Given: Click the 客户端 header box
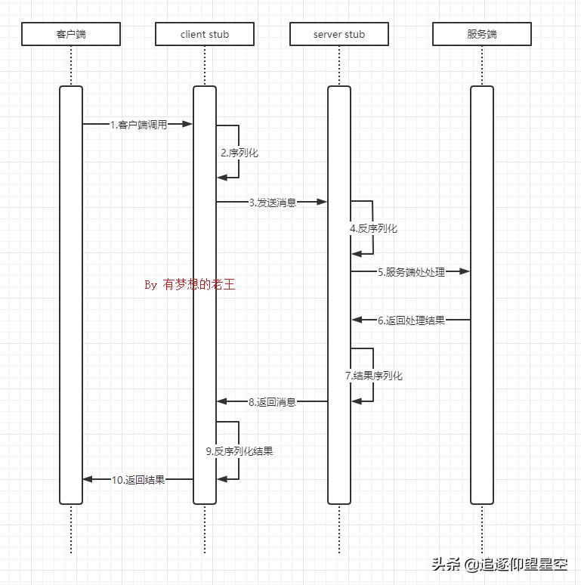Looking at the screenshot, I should coord(71,34).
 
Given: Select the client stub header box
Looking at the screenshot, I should coord(205,34).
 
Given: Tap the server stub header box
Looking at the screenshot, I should coord(339,34).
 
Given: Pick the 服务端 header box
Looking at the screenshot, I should coord(482,34).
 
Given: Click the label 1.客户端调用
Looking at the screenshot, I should coord(138,125).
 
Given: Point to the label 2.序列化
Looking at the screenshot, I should coord(240,153).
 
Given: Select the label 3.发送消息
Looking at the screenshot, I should coord(273,203).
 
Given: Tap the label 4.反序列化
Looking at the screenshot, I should coord(373,228).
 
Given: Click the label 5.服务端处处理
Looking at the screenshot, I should coord(412,272).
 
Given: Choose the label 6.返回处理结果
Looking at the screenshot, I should coord(412,320).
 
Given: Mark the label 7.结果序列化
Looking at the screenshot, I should coord(374,376).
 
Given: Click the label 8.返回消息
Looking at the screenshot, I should coord(272,402).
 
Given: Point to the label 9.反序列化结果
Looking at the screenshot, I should coord(240,451).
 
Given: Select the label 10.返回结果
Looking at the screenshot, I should coord(138,479).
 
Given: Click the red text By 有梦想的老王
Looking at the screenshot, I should coord(190,285).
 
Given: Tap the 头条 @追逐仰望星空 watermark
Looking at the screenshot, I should coord(499,564).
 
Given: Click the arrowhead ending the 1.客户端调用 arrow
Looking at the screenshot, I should coord(188,125).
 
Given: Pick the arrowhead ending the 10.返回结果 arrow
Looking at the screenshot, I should coord(88,479).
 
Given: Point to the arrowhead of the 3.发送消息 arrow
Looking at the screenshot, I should coord(323,203).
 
